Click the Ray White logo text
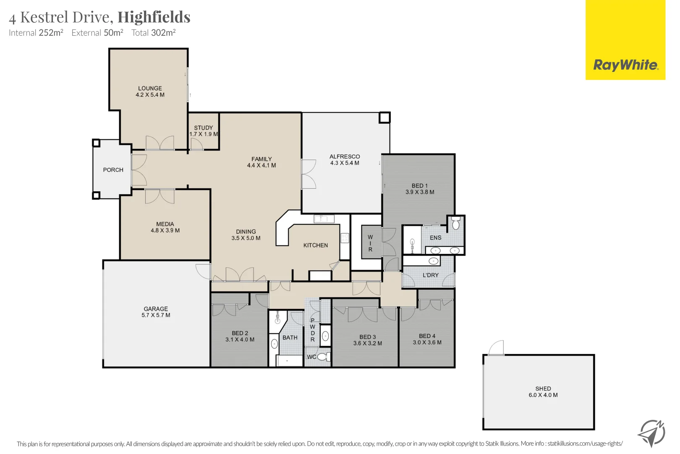626,65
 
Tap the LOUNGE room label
150,88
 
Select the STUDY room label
204,128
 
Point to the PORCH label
113,170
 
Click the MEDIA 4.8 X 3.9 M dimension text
165,230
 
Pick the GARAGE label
156,309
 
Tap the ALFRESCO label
345,157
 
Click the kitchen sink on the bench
324,219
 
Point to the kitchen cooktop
345,238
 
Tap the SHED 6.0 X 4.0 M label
543,392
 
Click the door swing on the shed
496,348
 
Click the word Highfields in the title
154,17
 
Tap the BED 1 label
420,185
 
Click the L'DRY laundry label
431,275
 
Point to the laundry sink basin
433,261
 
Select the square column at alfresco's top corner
384,118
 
